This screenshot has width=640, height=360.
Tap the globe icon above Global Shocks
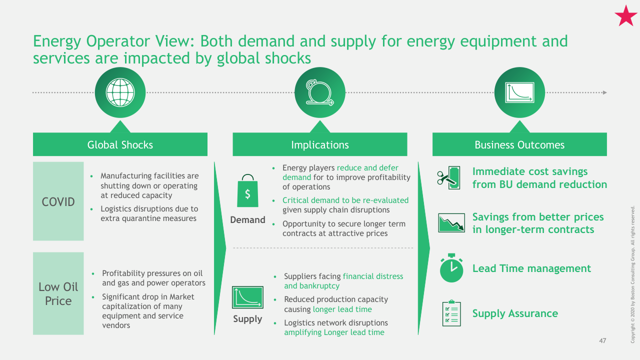tap(120, 92)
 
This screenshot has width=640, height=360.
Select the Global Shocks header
tap(120, 144)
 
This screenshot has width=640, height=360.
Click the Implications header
tap(320, 144)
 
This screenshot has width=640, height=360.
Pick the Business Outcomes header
tap(519, 144)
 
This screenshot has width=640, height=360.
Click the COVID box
tap(58, 201)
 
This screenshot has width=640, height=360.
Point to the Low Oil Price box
tap(58, 293)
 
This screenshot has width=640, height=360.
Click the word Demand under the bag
tap(247, 219)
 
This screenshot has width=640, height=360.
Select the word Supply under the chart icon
tap(247, 319)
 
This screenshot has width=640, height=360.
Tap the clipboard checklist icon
tap(451, 313)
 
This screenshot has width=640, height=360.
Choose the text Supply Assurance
tap(515, 313)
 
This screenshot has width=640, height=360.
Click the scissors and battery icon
tap(448, 177)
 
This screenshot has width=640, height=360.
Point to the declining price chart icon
tap(451, 223)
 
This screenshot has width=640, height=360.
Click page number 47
tap(602, 341)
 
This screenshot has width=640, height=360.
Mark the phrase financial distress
tap(373, 276)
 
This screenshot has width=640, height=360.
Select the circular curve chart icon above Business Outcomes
tap(519, 92)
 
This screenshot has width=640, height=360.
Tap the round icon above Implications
tap(320, 92)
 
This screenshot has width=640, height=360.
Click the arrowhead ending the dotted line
tap(605, 92)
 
